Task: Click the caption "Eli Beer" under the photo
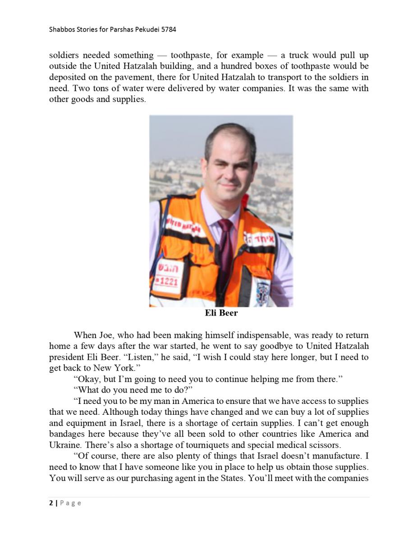pyautogui.click(x=221, y=313)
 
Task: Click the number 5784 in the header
pyautogui.click(x=167, y=30)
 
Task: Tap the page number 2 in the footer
pyautogui.click(x=51, y=503)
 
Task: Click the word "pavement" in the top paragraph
pyautogui.click(x=121, y=77)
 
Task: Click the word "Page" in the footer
pyautogui.click(x=70, y=503)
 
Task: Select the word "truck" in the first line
pyautogui.click(x=299, y=55)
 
